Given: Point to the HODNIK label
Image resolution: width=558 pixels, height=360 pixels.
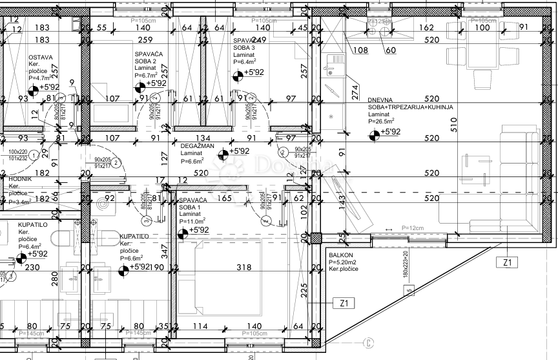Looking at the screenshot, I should pyautogui.click(x=20, y=178).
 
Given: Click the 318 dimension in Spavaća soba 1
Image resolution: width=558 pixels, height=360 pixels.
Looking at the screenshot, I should pyautogui.click(x=243, y=267).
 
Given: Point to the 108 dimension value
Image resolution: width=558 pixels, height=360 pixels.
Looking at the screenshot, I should pyautogui.click(x=360, y=50).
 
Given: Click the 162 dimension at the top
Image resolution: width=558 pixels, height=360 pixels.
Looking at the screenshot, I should pyautogui.click(x=426, y=27).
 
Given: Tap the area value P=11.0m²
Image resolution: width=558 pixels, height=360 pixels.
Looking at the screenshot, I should pyautogui.click(x=192, y=221).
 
